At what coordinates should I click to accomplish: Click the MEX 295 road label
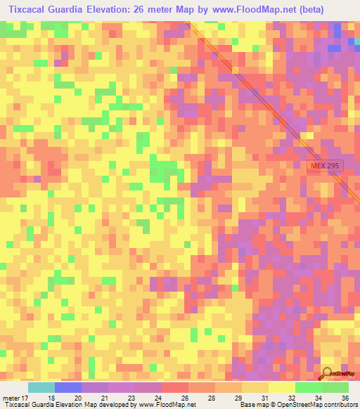326,165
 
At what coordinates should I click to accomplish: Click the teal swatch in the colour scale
41,388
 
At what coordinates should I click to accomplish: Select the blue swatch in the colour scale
67,388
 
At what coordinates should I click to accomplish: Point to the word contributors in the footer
339,405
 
